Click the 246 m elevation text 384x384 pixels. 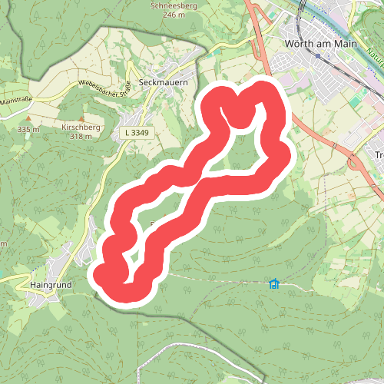pyautogui.click(x=175, y=15)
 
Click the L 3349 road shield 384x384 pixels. pyautogui.click(x=136, y=133)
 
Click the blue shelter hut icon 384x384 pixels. pyautogui.click(x=273, y=283)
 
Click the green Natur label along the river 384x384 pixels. pyautogui.click(x=374, y=56)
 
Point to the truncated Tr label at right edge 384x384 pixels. pyautogui.click(x=379, y=156)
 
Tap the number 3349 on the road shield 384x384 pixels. pyautogui.click(x=140, y=133)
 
